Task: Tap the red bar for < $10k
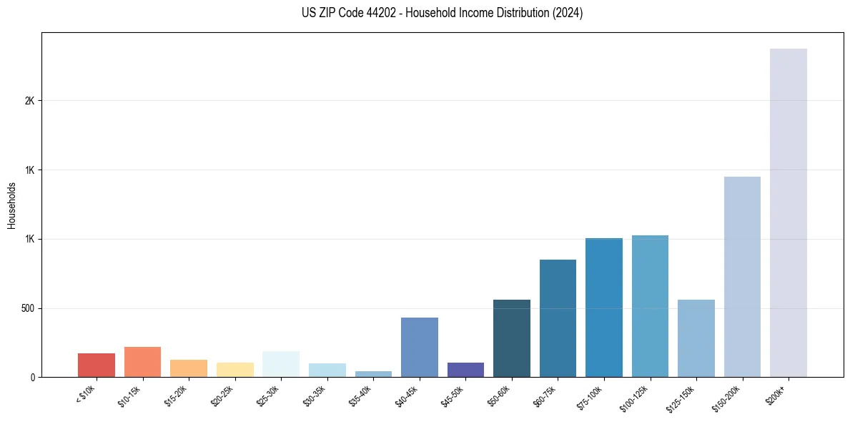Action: coord(97,365)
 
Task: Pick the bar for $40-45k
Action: coord(419,347)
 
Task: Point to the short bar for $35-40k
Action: coord(373,373)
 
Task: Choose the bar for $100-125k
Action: coord(650,306)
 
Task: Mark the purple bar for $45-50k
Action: coord(465,370)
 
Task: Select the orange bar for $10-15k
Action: coord(142,362)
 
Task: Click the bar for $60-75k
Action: coord(558,318)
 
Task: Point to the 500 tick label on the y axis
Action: coord(27,308)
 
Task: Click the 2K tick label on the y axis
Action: coord(29,101)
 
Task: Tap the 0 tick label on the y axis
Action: coord(32,377)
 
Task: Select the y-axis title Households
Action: coord(11,205)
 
